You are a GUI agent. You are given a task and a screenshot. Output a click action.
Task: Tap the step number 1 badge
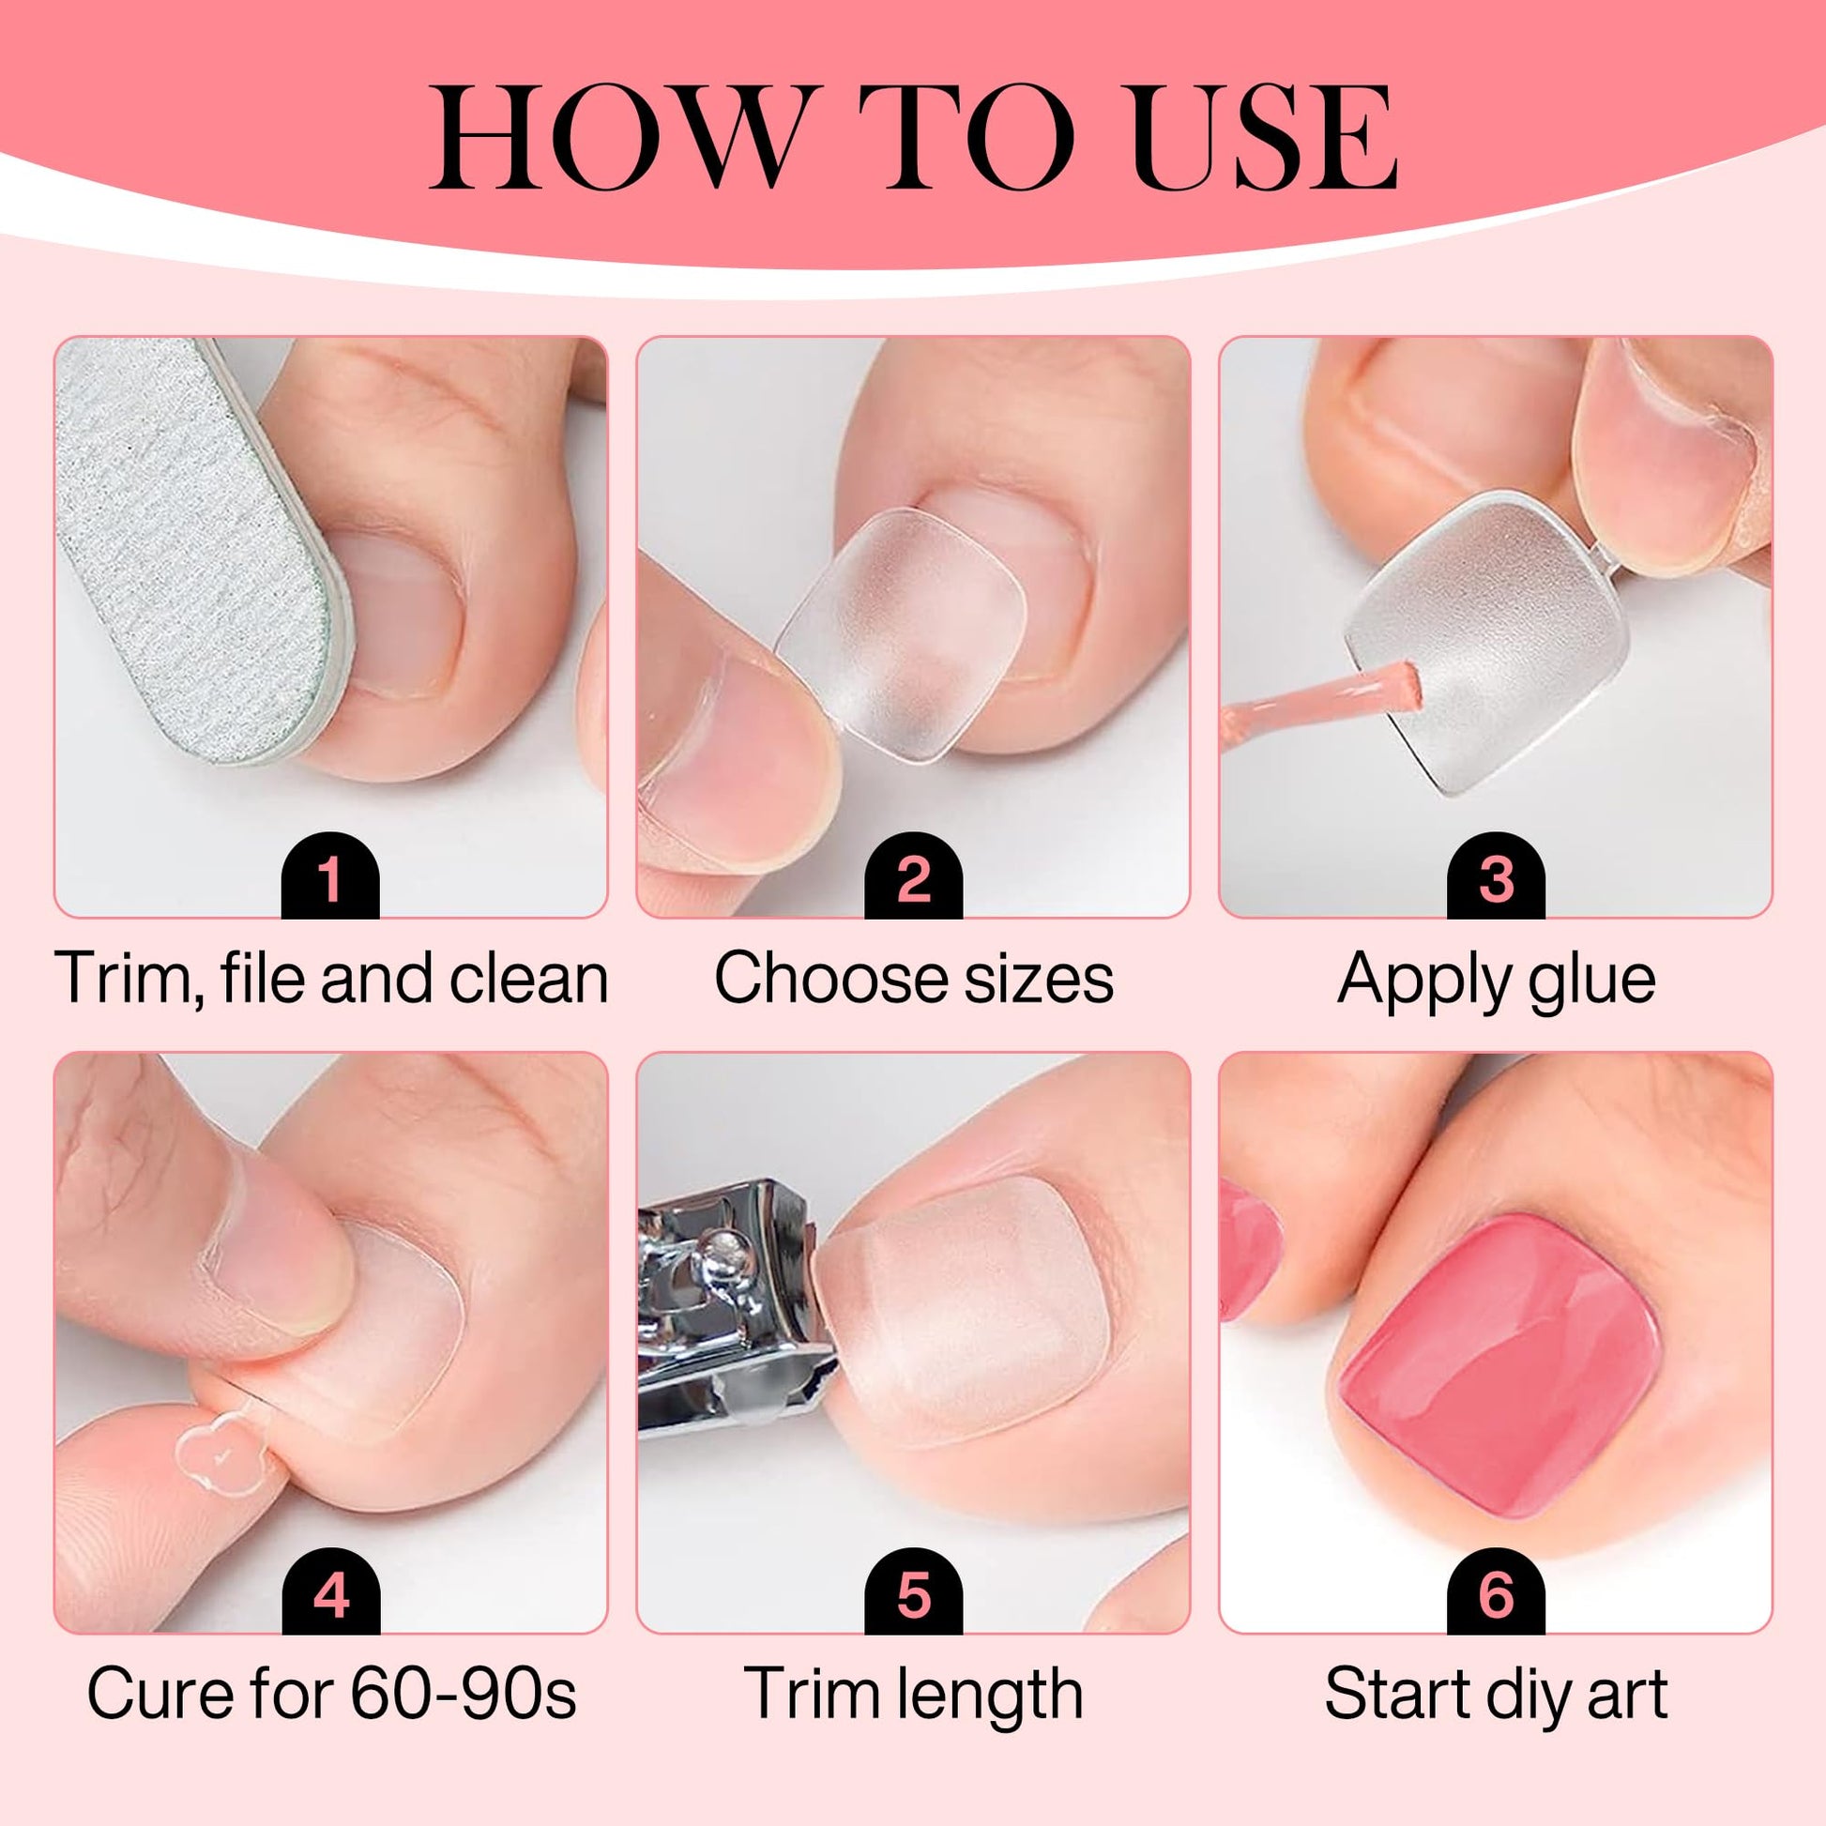click(x=330, y=875)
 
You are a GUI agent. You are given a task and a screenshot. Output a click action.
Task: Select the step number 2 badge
click(x=913, y=875)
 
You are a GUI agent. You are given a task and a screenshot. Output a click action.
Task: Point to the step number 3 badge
click(x=1495, y=875)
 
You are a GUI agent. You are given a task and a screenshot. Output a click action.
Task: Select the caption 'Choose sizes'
click(x=914, y=978)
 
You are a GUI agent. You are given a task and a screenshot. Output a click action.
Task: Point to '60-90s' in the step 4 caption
click(x=464, y=1693)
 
